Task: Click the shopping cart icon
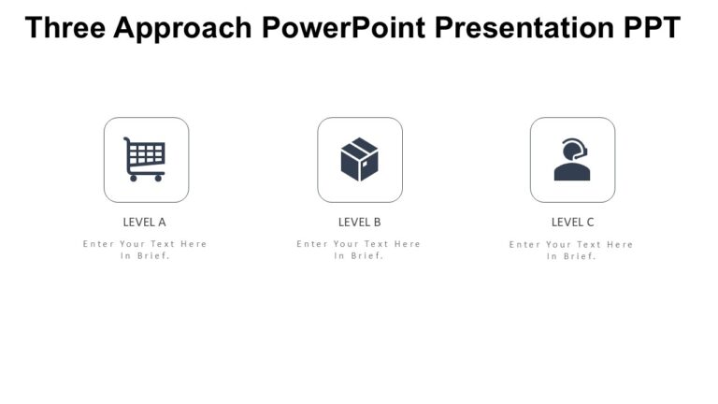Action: click(145, 159)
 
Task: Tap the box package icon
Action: click(359, 160)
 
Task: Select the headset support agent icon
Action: click(572, 160)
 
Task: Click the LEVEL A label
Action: click(145, 223)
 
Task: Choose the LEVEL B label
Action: click(359, 223)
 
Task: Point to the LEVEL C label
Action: click(572, 223)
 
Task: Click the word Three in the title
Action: click(65, 28)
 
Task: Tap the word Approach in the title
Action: click(183, 28)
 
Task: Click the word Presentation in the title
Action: click(525, 28)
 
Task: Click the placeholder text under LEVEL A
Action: click(145, 250)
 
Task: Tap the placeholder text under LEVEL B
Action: click(359, 250)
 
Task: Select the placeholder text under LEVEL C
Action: click(572, 250)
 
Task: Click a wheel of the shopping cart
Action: click(134, 178)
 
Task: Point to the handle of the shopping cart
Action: click(127, 140)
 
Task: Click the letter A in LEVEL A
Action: click(162, 223)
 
